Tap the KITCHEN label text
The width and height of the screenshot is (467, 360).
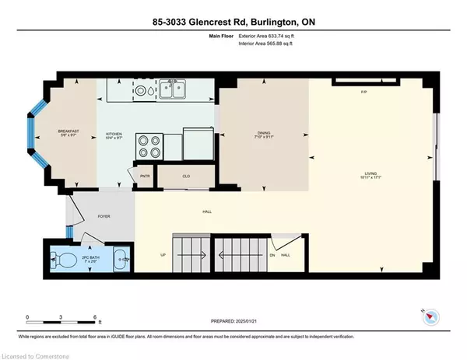[x=114, y=135]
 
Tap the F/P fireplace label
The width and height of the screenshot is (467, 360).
[x=363, y=93]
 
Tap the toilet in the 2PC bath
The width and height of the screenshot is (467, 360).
[x=65, y=258]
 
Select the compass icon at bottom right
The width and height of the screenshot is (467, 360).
[x=432, y=316]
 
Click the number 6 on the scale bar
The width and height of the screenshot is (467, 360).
[x=95, y=317]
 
